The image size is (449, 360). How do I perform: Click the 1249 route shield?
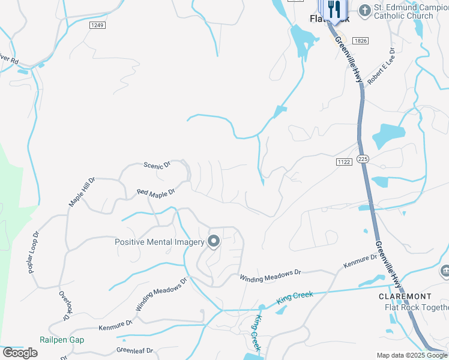[x=98, y=25]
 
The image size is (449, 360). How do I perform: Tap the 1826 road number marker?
[x=360, y=40]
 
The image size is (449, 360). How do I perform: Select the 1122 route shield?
[x=343, y=161]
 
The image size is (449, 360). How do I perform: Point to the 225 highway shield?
[x=362, y=158]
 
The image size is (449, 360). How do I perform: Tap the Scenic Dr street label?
[x=158, y=164]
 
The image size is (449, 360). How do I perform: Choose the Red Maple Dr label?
[x=155, y=193]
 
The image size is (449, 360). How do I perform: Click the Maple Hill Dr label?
[x=82, y=191]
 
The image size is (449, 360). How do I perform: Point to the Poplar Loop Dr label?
[x=34, y=253]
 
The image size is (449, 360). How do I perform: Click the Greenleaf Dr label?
[x=134, y=350]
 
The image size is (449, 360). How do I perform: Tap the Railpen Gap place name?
[x=62, y=340]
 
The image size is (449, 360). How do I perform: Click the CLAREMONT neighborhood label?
[x=405, y=296]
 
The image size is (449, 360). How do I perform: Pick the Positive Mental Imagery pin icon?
[x=214, y=242]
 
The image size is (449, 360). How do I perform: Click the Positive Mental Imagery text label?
[x=159, y=242]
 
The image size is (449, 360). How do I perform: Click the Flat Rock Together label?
[x=416, y=307]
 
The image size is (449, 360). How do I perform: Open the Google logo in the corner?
[x=20, y=353]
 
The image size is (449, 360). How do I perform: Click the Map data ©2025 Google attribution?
[x=412, y=355]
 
